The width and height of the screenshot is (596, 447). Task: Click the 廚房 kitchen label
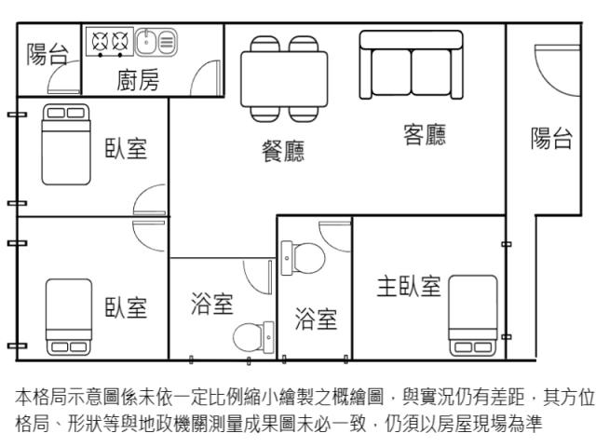coord(138,80)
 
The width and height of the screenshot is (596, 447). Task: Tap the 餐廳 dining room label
coord(283,151)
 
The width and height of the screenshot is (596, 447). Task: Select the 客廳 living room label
coord(425,134)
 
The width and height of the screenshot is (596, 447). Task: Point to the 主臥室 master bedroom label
coord(409,286)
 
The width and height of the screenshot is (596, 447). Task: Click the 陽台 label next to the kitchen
coord(47,54)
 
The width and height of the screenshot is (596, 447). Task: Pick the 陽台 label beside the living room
coord(551,138)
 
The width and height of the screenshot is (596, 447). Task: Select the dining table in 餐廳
coord(284,78)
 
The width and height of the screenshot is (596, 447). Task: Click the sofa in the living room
coord(412,64)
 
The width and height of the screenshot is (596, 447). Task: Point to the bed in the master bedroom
coord(473,316)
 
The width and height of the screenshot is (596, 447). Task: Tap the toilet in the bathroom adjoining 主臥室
coord(303,258)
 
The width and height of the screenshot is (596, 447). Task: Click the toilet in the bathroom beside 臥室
coord(253,337)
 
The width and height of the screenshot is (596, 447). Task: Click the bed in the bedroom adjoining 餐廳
coord(66,144)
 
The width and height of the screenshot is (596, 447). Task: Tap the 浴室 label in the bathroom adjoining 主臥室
coord(316,318)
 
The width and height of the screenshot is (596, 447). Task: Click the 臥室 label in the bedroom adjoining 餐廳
coord(126,148)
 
